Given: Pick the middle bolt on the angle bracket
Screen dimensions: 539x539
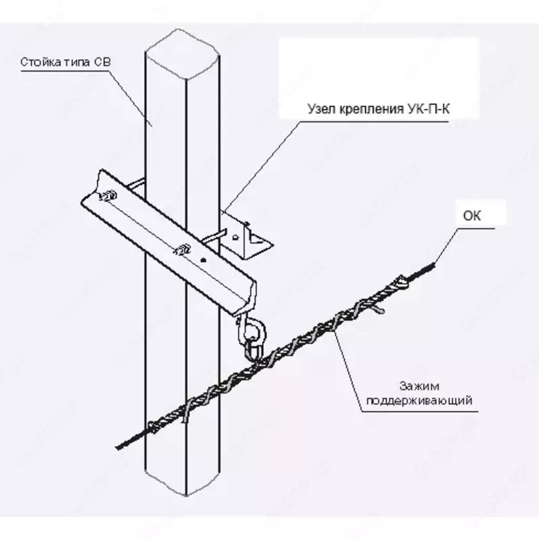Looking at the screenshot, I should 182,249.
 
